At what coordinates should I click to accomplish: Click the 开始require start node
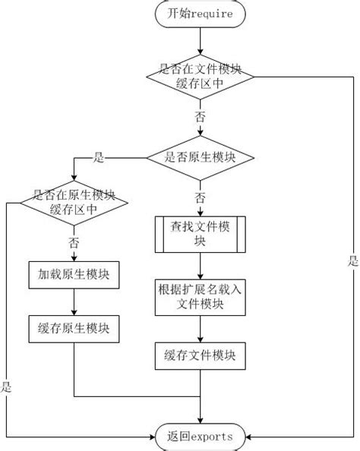[x=201, y=13]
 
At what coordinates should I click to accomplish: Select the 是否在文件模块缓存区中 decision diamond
[x=201, y=76]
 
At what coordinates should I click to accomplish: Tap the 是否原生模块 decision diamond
[x=201, y=158]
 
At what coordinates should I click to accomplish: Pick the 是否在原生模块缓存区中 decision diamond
[x=74, y=202]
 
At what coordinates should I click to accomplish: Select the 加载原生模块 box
[x=74, y=274]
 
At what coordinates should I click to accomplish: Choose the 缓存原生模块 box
[x=74, y=328]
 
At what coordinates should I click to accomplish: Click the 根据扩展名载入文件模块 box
[x=201, y=297]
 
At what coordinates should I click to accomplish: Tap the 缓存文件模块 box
[x=201, y=355]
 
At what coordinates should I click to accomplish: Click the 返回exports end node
[x=201, y=436]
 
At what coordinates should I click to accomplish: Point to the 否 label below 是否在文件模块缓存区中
[x=201, y=118]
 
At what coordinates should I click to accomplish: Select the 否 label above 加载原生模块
[x=74, y=243]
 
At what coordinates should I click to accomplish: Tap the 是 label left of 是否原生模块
[x=98, y=158]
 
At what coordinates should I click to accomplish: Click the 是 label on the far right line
[x=352, y=260]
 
